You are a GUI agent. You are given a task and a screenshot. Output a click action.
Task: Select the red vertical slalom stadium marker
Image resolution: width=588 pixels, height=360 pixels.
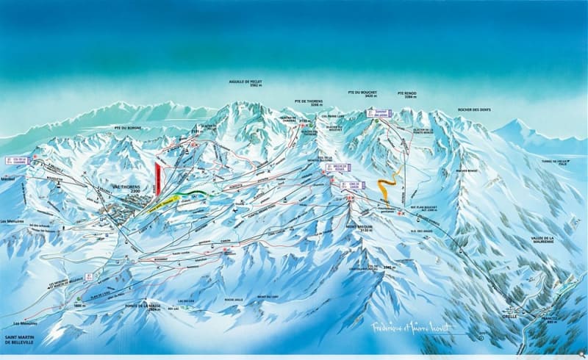158,178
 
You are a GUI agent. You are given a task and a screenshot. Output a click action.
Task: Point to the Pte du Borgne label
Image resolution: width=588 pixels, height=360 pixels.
127,128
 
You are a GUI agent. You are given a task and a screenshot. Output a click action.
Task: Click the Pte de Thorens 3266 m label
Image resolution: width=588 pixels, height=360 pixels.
308,104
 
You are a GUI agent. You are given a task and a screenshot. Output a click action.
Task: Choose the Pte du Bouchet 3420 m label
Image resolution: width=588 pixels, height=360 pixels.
361,94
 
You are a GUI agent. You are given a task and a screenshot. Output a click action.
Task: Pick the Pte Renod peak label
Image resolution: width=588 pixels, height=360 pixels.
406,94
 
